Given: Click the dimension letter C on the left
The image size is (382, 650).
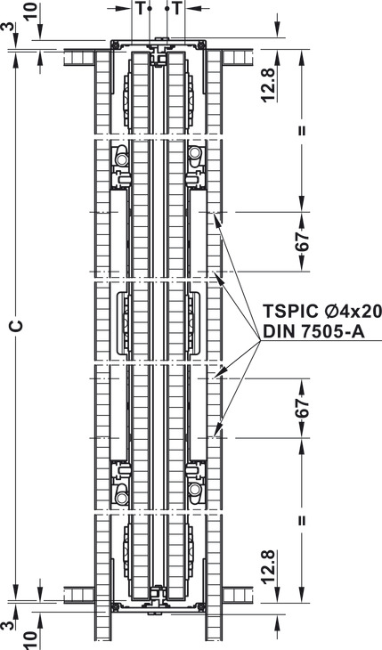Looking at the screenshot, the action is pyautogui.click(x=17, y=326).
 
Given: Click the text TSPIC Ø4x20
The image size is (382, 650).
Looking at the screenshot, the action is pyautogui.click(x=322, y=311).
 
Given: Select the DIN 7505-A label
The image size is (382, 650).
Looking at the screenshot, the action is pyautogui.click(x=314, y=331).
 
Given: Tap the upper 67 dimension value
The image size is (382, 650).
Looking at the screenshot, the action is pyautogui.click(x=303, y=240).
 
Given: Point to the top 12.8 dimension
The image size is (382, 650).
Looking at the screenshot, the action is pyautogui.click(x=268, y=85).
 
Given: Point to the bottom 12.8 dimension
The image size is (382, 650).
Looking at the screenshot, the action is pyautogui.click(x=268, y=566).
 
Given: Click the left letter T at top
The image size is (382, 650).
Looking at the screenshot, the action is pyautogui.click(x=140, y=8).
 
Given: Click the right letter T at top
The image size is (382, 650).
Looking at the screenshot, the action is pyautogui.click(x=177, y=8).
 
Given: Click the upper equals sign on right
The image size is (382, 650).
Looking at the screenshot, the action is pyautogui.click(x=303, y=130).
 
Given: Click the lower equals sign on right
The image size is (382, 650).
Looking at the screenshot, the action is pyautogui.click(x=303, y=520).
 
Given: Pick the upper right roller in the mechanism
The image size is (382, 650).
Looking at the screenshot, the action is pyautogui.click(x=195, y=153).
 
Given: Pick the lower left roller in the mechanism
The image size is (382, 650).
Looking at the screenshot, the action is pyautogui.click(x=121, y=498).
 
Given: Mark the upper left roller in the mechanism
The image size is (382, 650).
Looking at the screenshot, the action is pyautogui.click(x=121, y=160).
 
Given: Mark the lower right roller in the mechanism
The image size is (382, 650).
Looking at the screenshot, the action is pyautogui.click(x=195, y=491).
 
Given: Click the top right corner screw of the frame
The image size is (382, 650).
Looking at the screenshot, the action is pyautogui.click(x=201, y=45).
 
